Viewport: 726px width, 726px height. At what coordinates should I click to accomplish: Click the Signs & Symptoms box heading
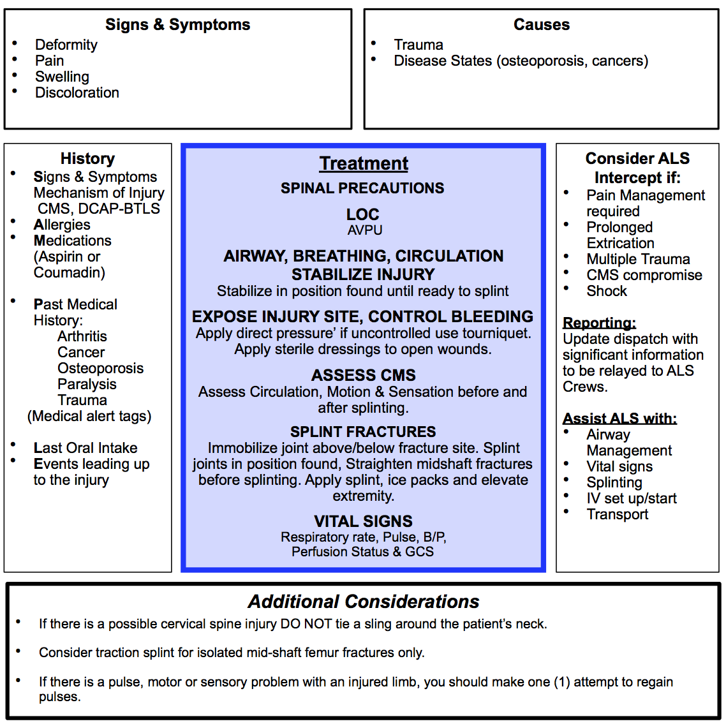[x=177, y=25]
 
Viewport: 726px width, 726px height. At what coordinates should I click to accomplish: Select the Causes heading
[x=541, y=25]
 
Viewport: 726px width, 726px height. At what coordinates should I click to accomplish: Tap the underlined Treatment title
[x=364, y=163]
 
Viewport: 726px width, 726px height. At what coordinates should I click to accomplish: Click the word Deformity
[x=66, y=45]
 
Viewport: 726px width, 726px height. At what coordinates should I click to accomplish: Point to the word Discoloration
[x=77, y=93]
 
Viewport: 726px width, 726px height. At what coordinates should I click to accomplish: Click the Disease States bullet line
[x=521, y=61]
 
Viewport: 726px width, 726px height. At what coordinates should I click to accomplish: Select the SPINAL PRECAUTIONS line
[x=362, y=188]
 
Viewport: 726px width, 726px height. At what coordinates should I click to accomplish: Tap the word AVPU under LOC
[x=365, y=230]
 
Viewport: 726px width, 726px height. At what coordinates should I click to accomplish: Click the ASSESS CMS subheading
[x=363, y=375]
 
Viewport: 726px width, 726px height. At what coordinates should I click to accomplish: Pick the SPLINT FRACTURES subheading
[x=363, y=432]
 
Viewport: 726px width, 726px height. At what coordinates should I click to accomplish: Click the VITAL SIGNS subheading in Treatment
[x=363, y=521]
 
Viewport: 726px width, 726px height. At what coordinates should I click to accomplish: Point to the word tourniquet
[x=496, y=333]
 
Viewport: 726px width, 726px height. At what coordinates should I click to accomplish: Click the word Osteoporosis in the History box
[x=100, y=368]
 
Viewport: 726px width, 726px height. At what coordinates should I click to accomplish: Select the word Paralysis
[x=87, y=384]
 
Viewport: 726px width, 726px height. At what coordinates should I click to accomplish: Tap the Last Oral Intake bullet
[x=85, y=448]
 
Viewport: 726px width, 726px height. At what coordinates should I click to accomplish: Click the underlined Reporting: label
[x=599, y=323]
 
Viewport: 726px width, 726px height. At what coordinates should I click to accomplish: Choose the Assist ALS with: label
[x=619, y=419]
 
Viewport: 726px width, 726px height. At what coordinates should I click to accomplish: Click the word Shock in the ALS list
[x=607, y=291]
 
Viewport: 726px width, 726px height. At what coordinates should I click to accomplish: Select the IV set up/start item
[x=632, y=498]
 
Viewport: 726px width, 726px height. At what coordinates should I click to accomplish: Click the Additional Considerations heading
[x=363, y=602]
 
